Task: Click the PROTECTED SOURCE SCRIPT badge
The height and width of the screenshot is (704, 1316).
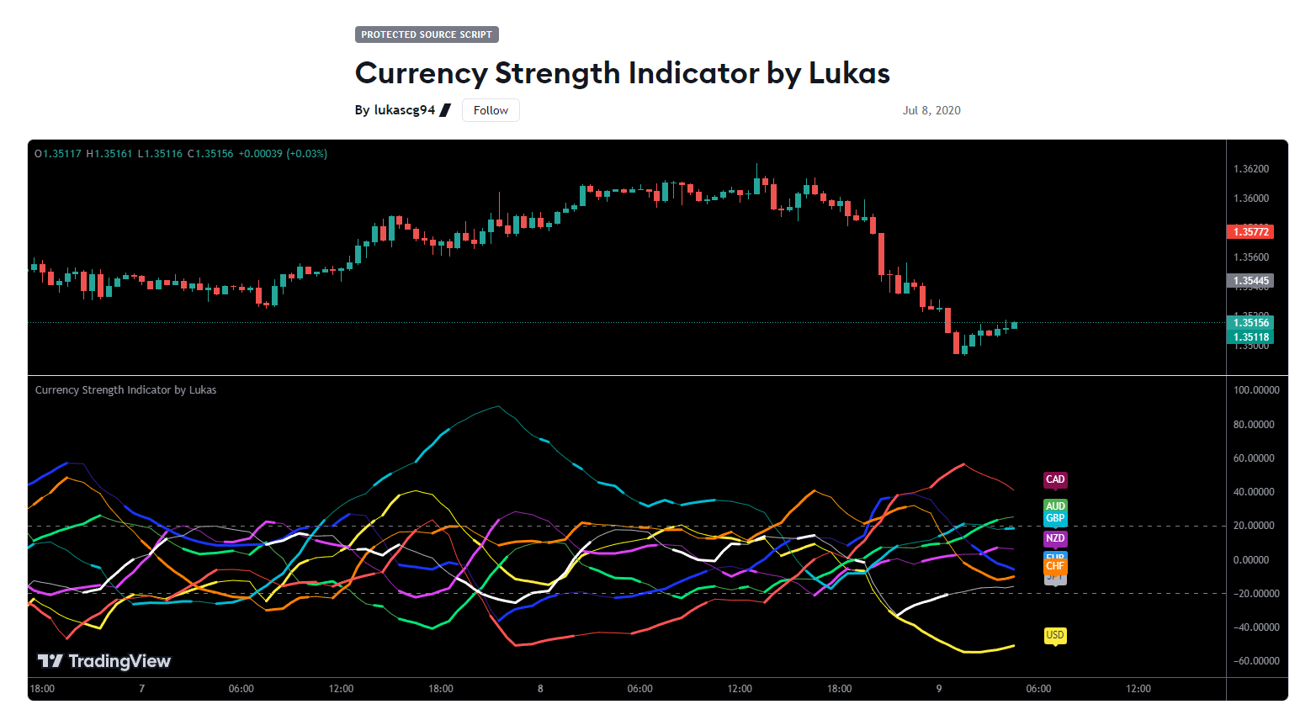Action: [x=427, y=34]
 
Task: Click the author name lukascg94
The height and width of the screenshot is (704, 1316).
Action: [x=404, y=110]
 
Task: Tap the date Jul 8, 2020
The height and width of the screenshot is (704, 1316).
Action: [x=931, y=110]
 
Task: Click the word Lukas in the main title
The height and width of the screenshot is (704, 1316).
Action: [x=849, y=73]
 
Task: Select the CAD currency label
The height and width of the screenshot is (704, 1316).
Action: [x=1055, y=479]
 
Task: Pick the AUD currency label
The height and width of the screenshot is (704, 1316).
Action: [x=1055, y=506]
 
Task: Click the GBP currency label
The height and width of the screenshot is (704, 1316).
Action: [x=1055, y=519]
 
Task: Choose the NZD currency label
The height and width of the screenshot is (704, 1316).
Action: [x=1055, y=538]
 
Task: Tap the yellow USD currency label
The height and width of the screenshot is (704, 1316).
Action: [x=1055, y=635]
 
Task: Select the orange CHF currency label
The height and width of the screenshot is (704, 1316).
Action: [x=1055, y=567]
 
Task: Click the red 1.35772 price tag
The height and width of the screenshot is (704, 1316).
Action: [x=1250, y=232]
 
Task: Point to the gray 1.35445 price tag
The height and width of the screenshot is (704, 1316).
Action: [x=1250, y=281]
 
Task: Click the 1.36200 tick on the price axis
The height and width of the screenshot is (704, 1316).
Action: [x=1250, y=169]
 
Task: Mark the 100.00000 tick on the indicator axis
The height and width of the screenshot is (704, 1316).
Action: [x=1255, y=390]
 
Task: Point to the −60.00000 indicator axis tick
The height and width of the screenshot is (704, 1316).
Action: [x=1255, y=661]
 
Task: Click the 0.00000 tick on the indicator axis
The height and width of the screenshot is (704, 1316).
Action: [x=1255, y=560]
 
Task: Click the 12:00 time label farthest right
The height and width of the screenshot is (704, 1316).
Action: [x=1138, y=689]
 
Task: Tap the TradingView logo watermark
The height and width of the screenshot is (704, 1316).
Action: [x=104, y=661]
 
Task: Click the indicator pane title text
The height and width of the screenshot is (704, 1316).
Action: [x=125, y=390]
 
